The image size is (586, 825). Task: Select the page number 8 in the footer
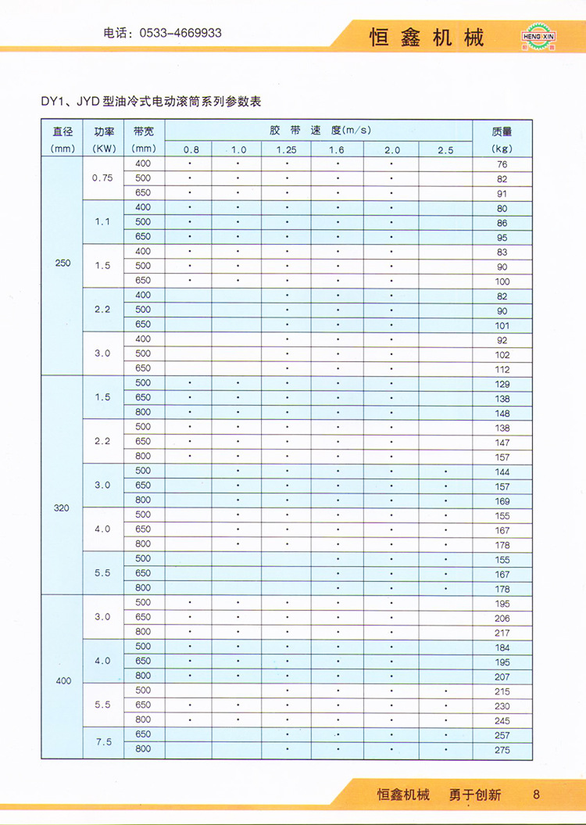click(536, 795)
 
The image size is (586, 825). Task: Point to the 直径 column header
click(62, 132)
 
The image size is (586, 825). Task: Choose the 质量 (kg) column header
click(502, 132)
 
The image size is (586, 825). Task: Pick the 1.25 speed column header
click(286, 149)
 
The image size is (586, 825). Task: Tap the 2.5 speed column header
click(445, 149)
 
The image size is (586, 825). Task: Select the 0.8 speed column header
click(191, 149)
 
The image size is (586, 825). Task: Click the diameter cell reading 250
click(63, 264)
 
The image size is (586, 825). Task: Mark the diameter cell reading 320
click(62, 508)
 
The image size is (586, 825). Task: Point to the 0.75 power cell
click(102, 178)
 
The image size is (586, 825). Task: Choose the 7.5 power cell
click(102, 742)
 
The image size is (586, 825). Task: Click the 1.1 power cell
click(102, 222)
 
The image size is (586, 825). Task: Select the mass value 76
click(502, 165)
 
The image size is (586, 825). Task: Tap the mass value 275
click(502, 751)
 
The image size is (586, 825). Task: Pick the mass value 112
click(502, 370)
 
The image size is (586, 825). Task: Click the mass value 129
click(502, 385)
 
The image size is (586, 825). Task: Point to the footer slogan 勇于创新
click(475, 795)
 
